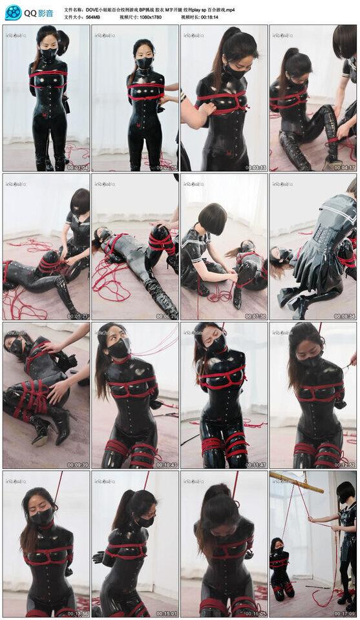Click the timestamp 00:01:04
tap(78, 168)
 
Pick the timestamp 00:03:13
tap(255, 168)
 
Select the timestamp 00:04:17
tap(344, 168)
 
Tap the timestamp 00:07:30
tap(255, 316)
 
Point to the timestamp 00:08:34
tap(344, 316)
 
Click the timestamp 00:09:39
tap(78, 465)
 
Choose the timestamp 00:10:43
tap(166, 465)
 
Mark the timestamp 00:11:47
tap(255, 465)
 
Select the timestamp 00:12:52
tap(344, 465)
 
